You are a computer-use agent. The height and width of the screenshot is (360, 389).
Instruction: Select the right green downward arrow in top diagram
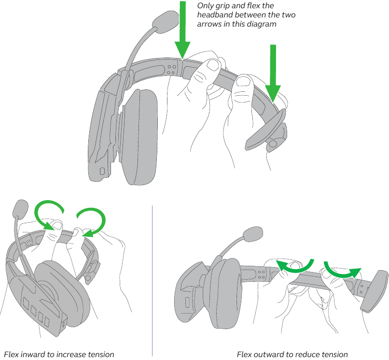[273, 72]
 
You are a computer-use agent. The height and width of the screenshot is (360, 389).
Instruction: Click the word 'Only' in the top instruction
[206, 6]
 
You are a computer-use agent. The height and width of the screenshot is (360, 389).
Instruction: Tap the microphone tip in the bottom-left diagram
[20, 208]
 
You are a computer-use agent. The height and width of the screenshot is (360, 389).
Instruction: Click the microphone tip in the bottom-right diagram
[253, 235]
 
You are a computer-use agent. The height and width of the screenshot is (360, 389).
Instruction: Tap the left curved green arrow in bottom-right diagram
[294, 264]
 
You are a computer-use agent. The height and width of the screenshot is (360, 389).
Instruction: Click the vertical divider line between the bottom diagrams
[153, 280]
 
